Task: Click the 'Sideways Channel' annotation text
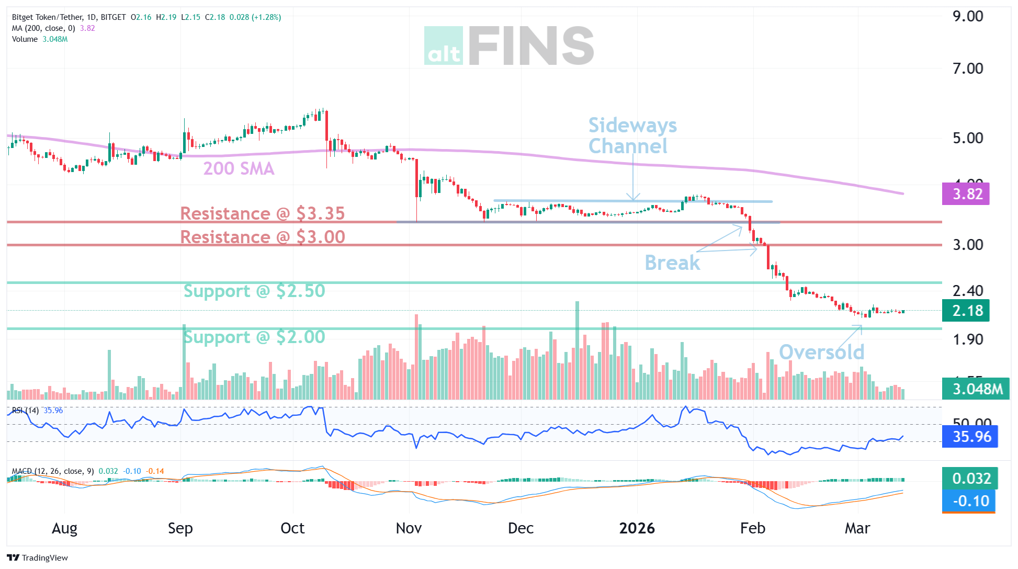(x=632, y=135)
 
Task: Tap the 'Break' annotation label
(x=672, y=263)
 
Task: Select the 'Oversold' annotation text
(x=821, y=352)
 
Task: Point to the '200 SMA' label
(x=239, y=168)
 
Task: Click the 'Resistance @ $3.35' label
(x=262, y=213)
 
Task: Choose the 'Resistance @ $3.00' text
(x=262, y=237)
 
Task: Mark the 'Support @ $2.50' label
(x=254, y=291)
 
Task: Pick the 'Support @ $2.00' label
(x=254, y=337)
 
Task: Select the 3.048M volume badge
(x=976, y=389)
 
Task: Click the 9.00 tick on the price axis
(x=967, y=16)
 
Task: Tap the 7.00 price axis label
(x=967, y=69)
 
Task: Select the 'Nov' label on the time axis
(x=409, y=528)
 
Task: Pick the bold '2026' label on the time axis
(x=637, y=528)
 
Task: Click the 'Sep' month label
(x=180, y=528)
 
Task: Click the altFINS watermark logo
(x=508, y=46)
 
